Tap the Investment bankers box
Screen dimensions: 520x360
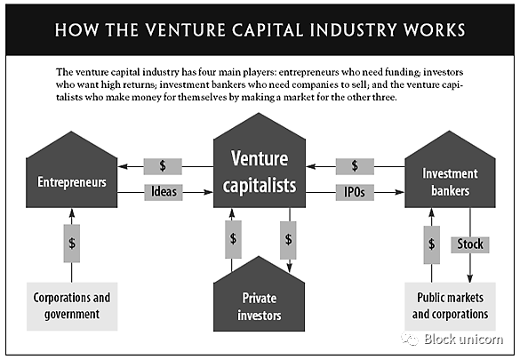coord(450,176)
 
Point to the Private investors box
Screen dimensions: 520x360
coord(259,299)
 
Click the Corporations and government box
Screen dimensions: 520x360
coord(72,307)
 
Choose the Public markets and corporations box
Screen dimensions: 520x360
coord(450,307)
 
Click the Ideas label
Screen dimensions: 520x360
coord(164,192)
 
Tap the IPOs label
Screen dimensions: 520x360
coord(355,192)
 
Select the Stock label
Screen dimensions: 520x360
coord(470,244)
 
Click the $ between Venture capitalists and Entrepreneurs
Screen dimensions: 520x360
coord(163,166)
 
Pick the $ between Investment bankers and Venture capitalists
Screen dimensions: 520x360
coord(355,166)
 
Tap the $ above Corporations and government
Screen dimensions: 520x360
coord(72,244)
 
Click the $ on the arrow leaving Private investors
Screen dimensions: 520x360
coord(233,239)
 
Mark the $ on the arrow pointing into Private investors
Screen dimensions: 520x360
coord(289,240)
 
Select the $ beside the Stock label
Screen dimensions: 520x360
coord(431,244)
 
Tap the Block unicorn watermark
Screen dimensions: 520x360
coord(452,340)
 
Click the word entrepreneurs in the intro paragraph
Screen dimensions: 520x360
coord(311,72)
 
